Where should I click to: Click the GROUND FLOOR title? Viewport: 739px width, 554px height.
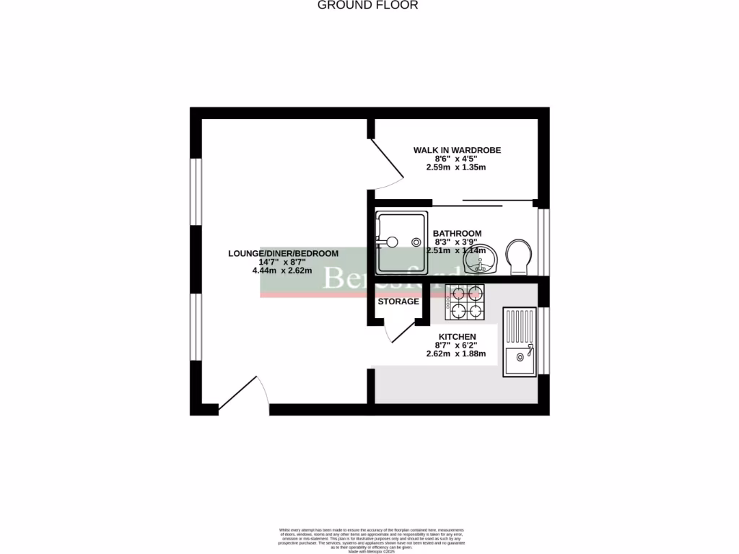coord(368,5)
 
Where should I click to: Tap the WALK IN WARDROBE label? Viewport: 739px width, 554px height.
coord(457,150)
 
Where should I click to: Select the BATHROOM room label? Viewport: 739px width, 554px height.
coord(457,233)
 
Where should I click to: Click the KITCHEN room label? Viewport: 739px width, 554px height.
coord(458,337)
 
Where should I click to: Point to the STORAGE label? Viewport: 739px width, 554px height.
coord(398,302)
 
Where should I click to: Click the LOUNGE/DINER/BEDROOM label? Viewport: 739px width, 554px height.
coord(283,253)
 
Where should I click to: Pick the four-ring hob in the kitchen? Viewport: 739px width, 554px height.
coord(465,302)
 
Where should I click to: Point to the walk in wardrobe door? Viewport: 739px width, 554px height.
coord(386,164)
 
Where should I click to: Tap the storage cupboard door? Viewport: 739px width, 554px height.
coord(398,331)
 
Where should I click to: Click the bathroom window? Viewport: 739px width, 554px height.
coord(543,242)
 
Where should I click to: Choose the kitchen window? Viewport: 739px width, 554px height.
coord(543,340)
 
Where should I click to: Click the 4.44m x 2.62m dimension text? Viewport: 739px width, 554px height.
coord(281,271)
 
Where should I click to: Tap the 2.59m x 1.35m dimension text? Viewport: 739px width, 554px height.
coord(456,167)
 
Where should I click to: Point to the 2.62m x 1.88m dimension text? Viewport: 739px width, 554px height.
coord(456,354)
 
